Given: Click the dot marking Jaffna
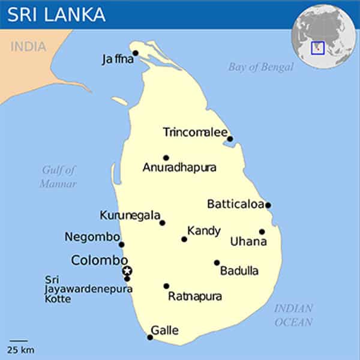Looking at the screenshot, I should coord(136,53).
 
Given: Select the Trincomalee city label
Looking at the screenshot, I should coord(195,132).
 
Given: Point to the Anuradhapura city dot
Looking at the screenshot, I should coord(166,158).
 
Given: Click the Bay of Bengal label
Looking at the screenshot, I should coord(260,67).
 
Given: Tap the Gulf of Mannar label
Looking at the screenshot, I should coord(59,177).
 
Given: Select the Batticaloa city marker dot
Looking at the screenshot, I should coord(268,205).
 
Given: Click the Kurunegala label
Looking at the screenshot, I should coord(130,215).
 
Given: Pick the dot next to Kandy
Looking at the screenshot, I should coord(184,239).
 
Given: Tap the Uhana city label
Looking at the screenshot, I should coord(248,242).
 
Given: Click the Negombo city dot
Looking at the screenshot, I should coord(121,244).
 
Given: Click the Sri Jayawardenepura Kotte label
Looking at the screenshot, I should coord(88,289).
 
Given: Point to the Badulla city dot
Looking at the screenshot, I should coord(217,262).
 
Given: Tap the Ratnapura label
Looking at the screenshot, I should coord(195,296).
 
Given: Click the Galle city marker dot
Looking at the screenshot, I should coord(150,337).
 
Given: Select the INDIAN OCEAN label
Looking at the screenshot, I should coord(293,315).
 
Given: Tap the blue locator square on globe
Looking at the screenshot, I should coord(317,47).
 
